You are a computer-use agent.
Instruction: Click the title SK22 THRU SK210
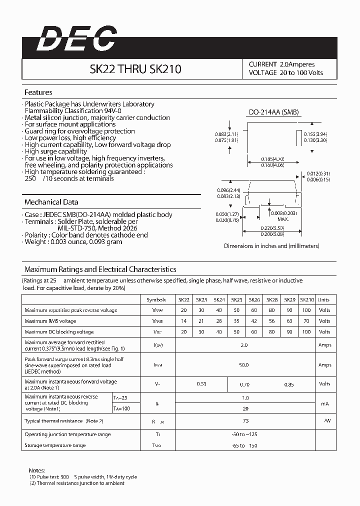[135, 69]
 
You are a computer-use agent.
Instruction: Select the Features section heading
[38, 92]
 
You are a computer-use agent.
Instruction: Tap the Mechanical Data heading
[51, 202]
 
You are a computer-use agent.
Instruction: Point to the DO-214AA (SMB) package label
[273, 112]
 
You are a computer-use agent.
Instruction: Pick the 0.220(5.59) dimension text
[271, 228]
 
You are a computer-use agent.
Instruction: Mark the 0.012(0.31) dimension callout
[319, 173]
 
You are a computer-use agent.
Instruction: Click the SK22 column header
[184, 300]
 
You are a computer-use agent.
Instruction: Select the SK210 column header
[306, 300]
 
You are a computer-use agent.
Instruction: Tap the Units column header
[324, 300]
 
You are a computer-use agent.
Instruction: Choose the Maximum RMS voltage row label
[50, 321]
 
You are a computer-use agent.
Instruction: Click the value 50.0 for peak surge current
[243, 365]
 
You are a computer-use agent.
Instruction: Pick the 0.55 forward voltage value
[201, 384]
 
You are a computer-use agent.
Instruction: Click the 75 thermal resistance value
[245, 421]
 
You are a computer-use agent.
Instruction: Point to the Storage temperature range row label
[55, 445]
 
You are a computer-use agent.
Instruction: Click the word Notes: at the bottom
[37, 470]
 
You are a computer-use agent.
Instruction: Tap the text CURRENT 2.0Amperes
[281, 64]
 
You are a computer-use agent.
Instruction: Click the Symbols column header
[156, 300]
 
